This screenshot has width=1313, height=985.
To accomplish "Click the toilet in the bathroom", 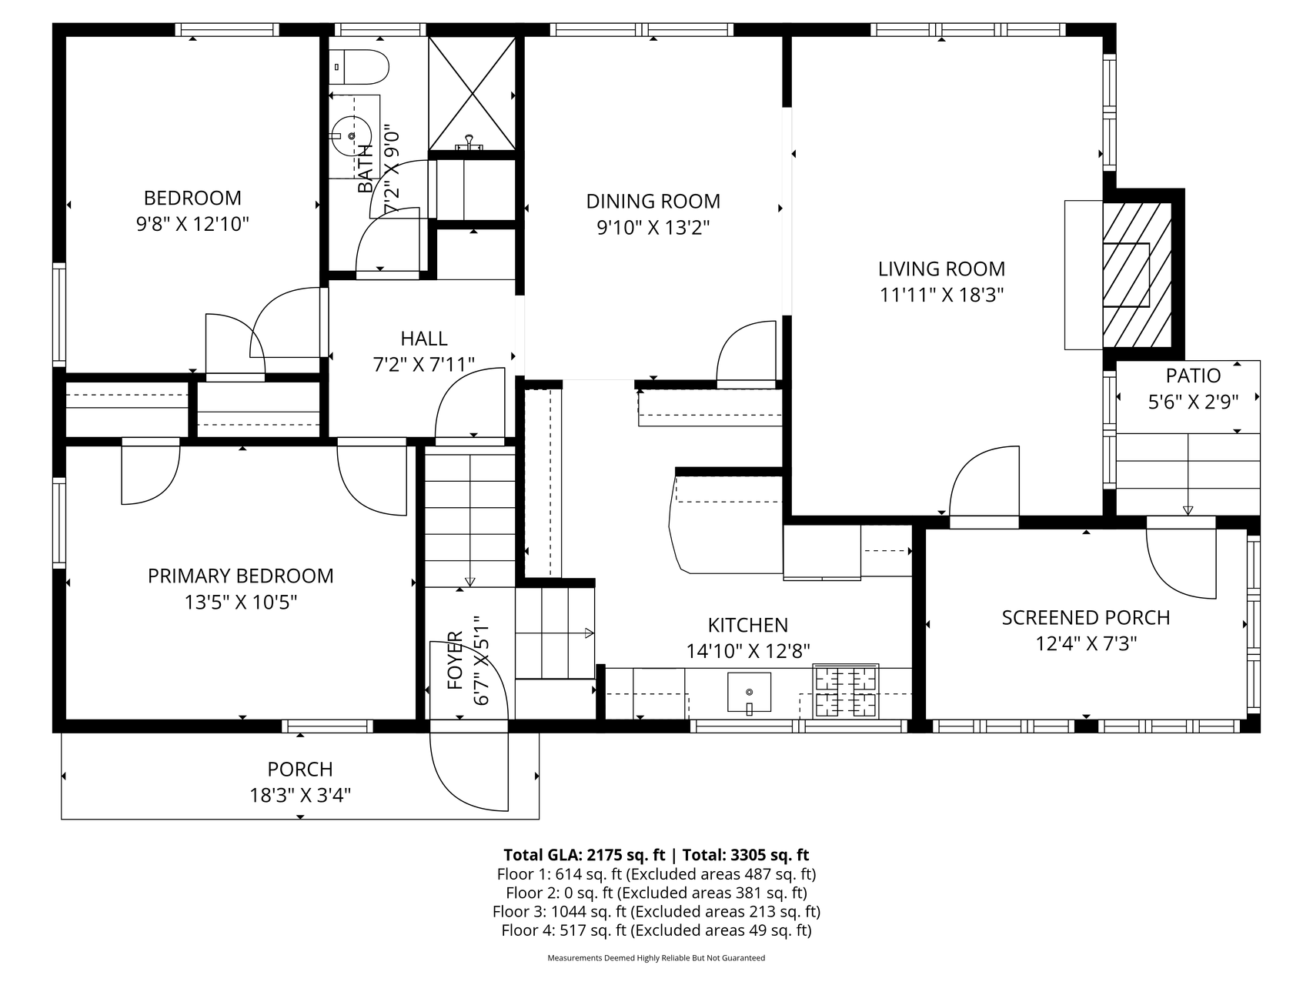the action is (x=358, y=68).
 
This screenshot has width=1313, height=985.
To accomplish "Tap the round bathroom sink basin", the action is (x=352, y=136).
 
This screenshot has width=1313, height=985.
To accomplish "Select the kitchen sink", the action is (x=749, y=693).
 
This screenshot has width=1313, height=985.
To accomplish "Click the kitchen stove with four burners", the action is (x=846, y=691).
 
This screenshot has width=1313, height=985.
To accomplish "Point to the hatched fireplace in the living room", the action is (x=1138, y=275).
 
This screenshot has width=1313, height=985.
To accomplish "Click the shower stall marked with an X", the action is (x=472, y=94).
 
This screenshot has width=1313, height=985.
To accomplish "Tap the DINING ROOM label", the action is (x=653, y=202).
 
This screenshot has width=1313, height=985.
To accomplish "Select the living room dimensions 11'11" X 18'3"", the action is (x=941, y=295).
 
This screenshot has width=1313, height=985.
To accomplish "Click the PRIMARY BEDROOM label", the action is (x=240, y=576).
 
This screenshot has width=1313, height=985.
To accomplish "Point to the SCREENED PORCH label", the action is (x=1085, y=617).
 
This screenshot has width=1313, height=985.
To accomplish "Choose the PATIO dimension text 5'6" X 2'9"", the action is (x=1193, y=402).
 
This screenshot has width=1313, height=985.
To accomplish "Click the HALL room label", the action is (x=423, y=339).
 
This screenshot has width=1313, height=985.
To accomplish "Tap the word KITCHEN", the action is (x=747, y=625).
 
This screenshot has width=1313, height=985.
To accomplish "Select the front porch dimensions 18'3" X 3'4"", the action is (x=300, y=795).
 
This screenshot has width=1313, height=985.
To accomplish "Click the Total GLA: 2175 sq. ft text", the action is (x=584, y=855).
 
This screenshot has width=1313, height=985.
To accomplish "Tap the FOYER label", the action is (x=455, y=660).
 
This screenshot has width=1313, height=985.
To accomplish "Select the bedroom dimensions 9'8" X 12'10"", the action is (x=192, y=224).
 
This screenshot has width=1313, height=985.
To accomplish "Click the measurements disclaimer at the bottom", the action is (x=656, y=958).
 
